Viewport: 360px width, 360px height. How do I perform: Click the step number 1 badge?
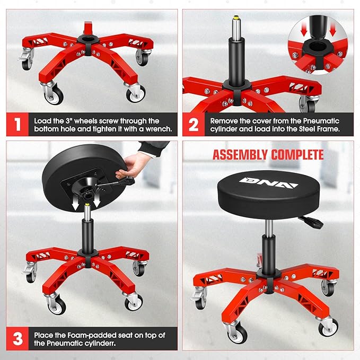click(x=17, y=125)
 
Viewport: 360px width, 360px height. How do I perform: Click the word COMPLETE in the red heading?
click(x=296, y=155)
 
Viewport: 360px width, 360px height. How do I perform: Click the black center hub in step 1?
click(x=86, y=40)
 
